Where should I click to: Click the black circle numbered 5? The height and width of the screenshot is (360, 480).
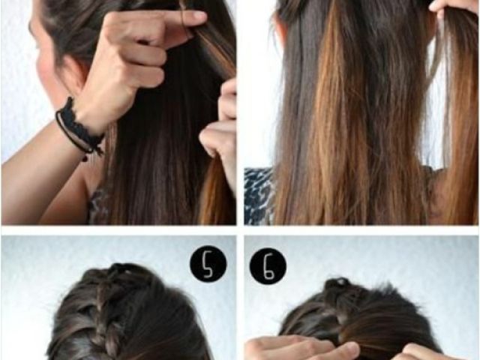pos(208,264)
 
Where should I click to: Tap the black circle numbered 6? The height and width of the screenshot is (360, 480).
pos(268,266)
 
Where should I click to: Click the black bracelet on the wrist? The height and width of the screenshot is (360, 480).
pos(79,128)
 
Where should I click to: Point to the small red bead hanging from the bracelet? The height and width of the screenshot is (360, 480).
pos(85,158)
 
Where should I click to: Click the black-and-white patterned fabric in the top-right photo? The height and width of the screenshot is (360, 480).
pos(259,196)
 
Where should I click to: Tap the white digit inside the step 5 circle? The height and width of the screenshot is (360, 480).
pos(208,264)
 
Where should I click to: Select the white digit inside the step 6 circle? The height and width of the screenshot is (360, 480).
pos(268,267)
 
